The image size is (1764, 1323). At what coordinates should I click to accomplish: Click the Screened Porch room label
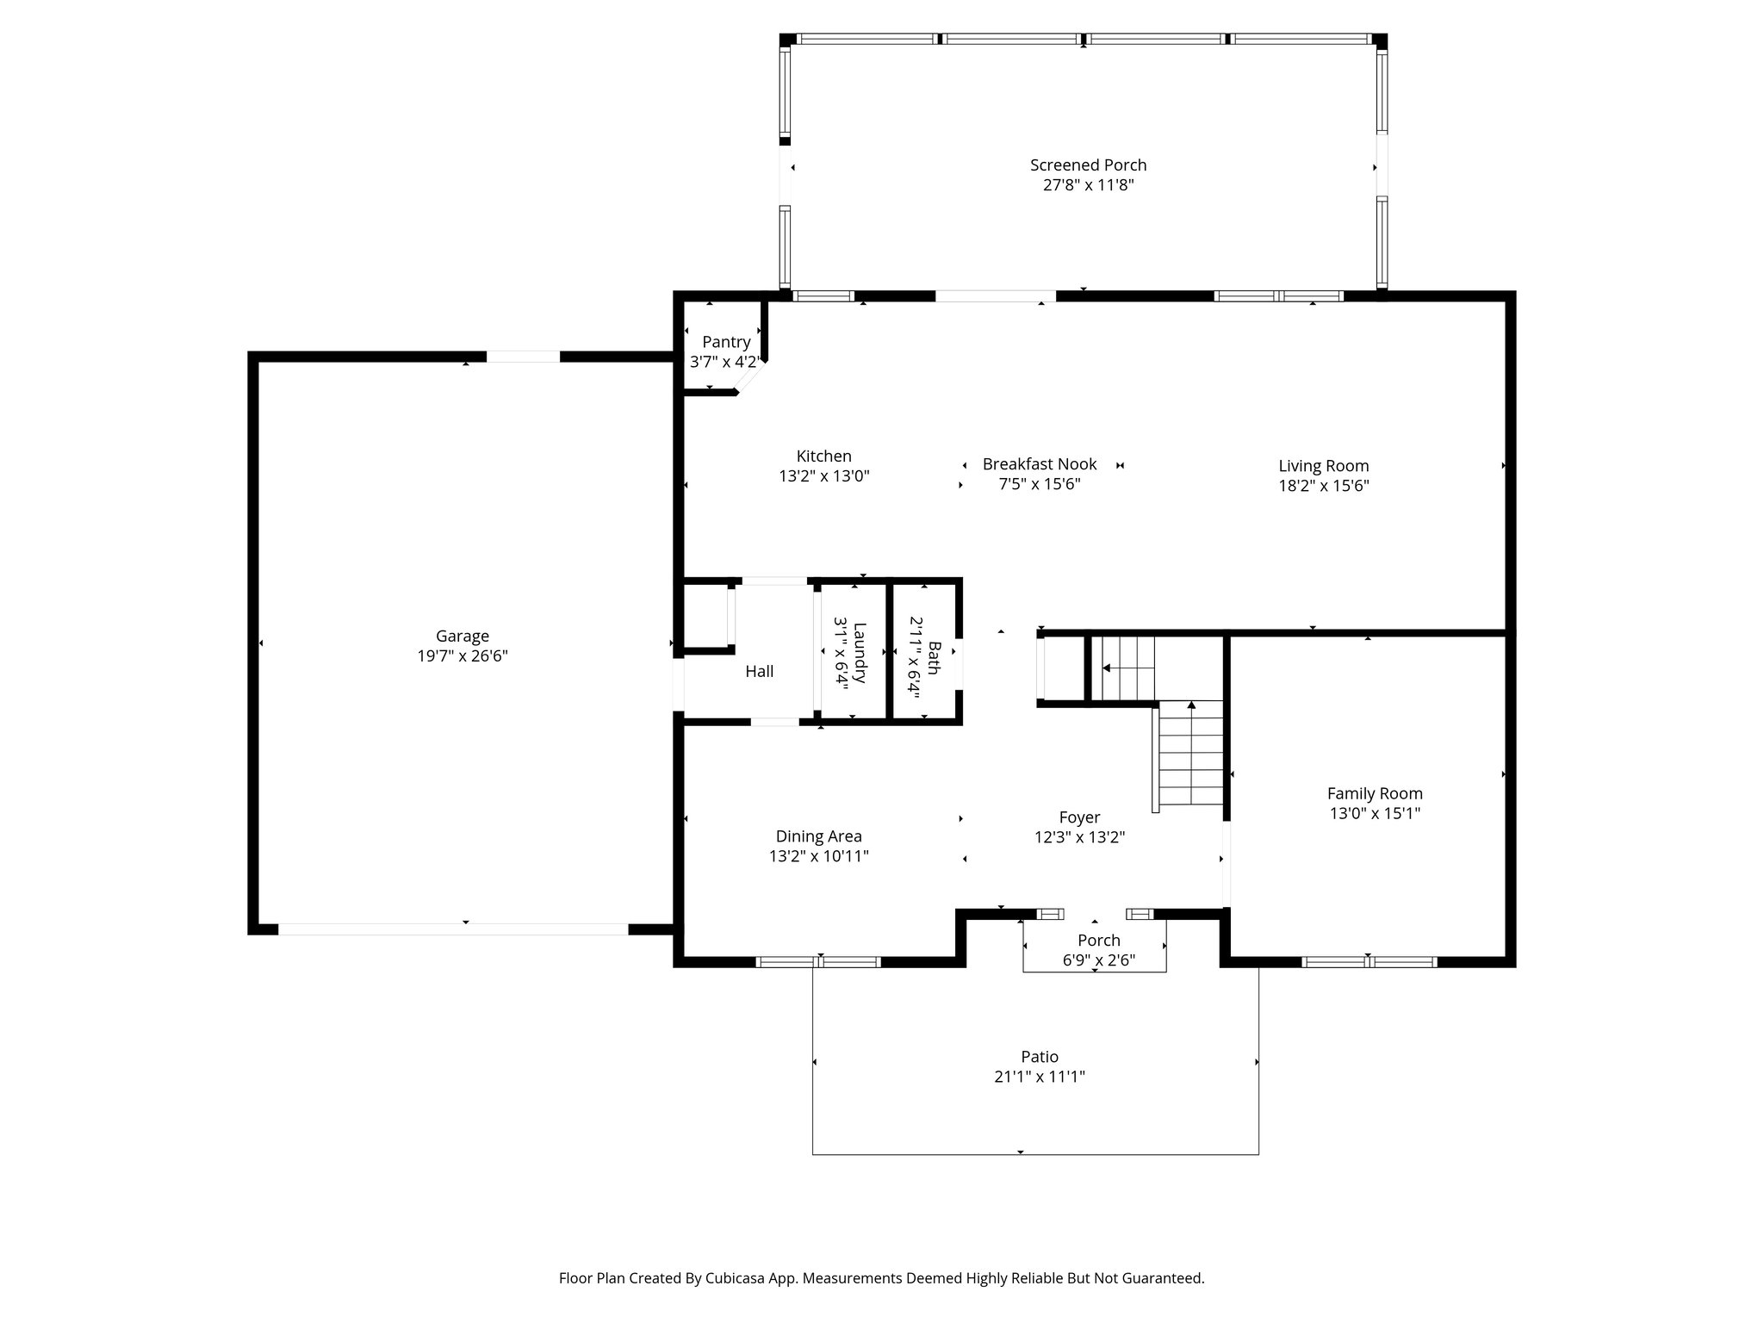click(x=1088, y=165)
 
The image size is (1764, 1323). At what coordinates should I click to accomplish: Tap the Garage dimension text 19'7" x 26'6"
click(x=463, y=656)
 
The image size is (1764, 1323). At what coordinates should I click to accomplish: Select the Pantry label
click(x=726, y=342)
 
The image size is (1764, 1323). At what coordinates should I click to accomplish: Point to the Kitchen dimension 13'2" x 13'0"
click(x=824, y=475)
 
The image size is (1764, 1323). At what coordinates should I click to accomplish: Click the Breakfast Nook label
click(x=1040, y=464)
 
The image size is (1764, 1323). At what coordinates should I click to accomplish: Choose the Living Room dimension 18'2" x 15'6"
click(x=1324, y=486)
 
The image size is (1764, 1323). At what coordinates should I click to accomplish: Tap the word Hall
click(x=759, y=672)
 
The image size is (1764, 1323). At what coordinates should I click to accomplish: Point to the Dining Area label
click(x=818, y=836)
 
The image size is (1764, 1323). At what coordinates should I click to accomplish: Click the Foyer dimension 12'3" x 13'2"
click(x=1079, y=837)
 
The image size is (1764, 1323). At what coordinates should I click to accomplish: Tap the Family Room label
click(x=1375, y=794)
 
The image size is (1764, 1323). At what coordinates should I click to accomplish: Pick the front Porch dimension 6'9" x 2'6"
click(x=1099, y=960)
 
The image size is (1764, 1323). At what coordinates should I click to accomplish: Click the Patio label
click(x=1040, y=1057)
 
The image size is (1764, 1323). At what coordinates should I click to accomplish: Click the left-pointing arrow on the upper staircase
click(x=1107, y=668)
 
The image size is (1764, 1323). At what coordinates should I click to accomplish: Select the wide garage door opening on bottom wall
click(x=453, y=929)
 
